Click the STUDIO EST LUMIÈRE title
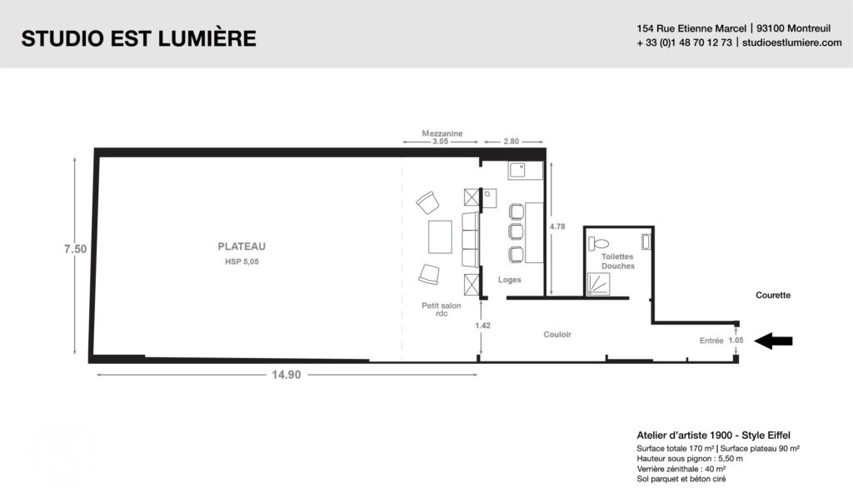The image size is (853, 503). click(x=139, y=38)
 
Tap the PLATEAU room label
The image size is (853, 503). click(x=242, y=247)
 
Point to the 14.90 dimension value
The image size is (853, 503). click(x=287, y=375)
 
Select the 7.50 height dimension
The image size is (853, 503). click(x=75, y=249)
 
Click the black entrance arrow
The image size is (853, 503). click(x=773, y=341)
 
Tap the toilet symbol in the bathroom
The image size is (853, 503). click(x=598, y=243)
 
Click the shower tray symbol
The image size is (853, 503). click(x=598, y=285)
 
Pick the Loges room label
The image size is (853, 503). click(x=510, y=280)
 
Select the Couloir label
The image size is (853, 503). click(x=557, y=335)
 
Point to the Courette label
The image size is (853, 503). click(x=773, y=296)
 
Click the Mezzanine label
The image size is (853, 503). click(x=442, y=133)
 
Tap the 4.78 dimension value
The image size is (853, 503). click(x=557, y=227)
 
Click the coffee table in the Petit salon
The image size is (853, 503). click(x=440, y=237)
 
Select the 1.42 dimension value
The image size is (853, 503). click(x=482, y=325)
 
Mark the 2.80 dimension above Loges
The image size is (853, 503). click(x=511, y=142)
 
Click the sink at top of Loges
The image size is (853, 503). click(x=526, y=170)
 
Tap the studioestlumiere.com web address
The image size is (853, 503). click(x=792, y=42)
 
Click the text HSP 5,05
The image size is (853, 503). click(x=242, y=261)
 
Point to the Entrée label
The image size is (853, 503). click(x=711, y=341)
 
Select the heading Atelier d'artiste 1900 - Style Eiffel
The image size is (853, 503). click(x=714, y=435)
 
